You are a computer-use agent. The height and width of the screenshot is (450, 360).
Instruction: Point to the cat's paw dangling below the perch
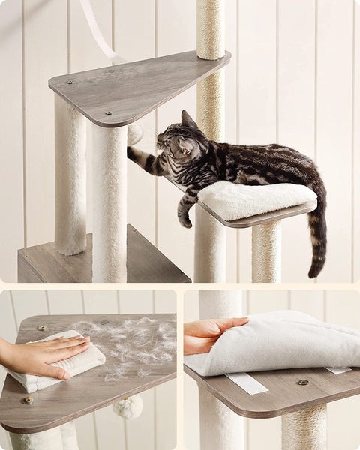tap(184, 220)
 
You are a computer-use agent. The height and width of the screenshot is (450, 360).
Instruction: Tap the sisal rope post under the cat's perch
tap(265, 250)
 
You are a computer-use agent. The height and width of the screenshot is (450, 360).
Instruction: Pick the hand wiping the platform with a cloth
tap(45, 355)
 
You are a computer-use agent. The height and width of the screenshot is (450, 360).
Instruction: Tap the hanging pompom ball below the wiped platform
tap(128, 406)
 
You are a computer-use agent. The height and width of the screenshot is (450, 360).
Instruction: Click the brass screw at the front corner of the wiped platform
tap(28, 400)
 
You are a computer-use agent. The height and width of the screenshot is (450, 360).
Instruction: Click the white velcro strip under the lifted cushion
tap(245, 382)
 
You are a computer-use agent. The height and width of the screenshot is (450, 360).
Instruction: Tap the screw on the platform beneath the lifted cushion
tap(302, 382)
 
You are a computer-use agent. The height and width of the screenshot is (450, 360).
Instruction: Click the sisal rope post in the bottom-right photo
tap(304, 428)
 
